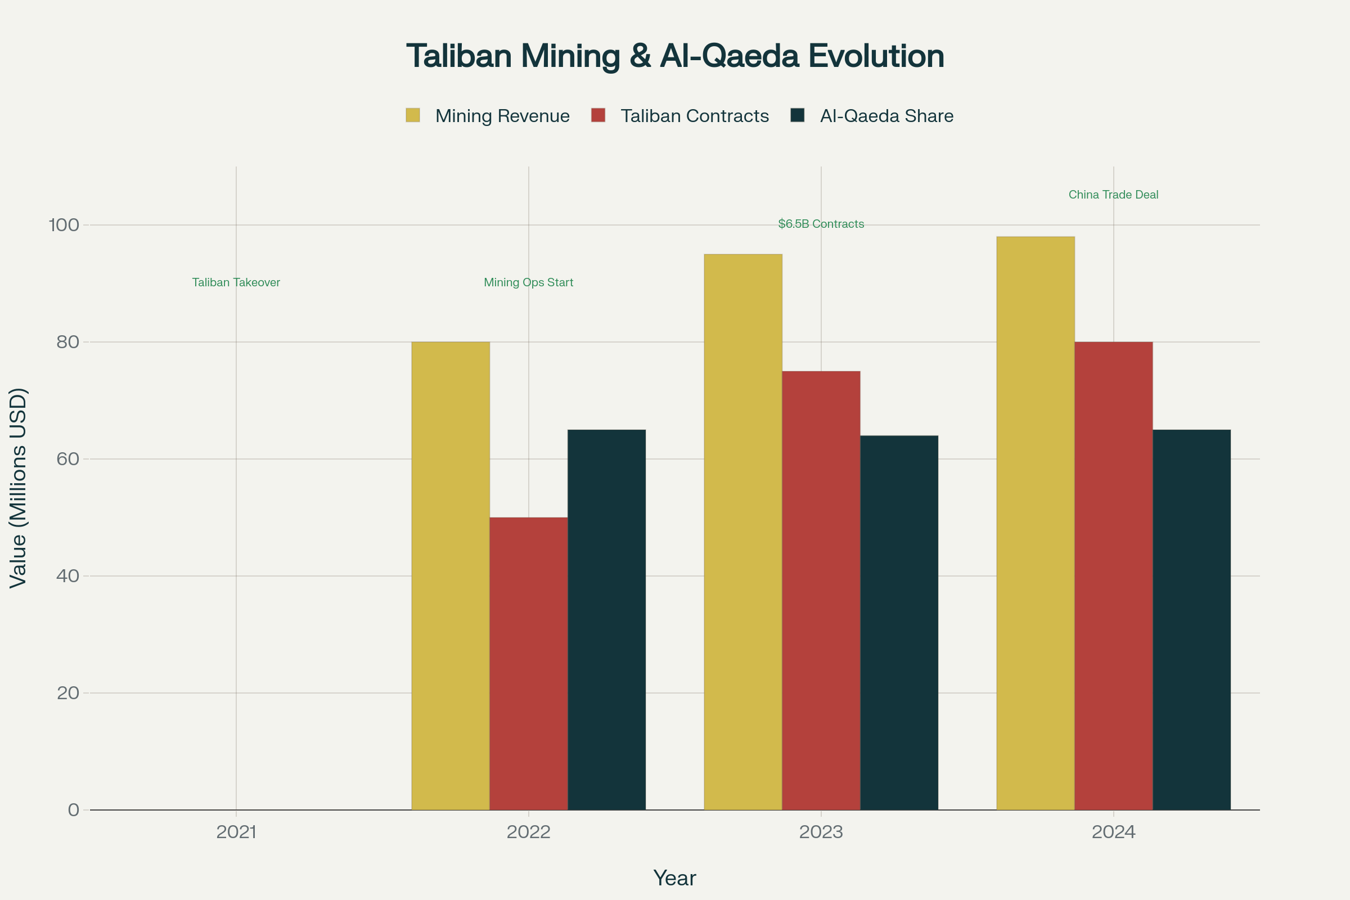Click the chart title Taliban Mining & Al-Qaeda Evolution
675,56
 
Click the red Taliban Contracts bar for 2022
529,664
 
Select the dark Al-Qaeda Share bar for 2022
607,620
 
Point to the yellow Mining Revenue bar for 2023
743,532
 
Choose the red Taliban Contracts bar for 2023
821,591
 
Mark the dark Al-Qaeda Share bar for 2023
899,623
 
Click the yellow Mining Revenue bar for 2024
1036,524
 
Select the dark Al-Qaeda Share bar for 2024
1191,620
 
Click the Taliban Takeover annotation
236,282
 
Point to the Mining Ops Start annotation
529,282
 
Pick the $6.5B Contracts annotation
821,224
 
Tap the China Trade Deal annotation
1114,195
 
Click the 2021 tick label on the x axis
236,832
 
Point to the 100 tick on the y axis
64,224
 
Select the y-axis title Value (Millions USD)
19,488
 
